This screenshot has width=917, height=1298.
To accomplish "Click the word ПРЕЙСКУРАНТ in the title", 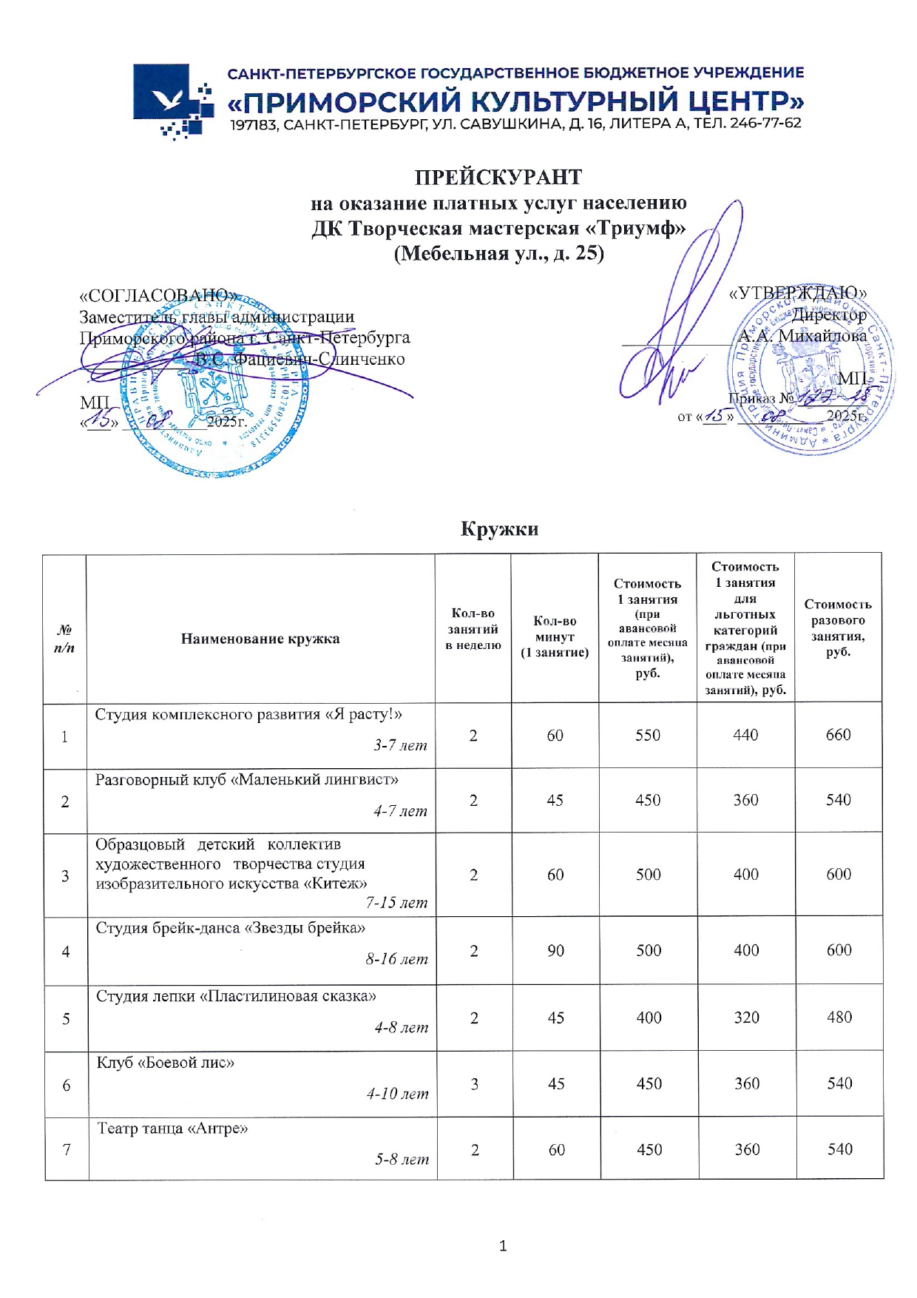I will pos(498,178).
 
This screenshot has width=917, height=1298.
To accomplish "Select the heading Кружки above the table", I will pos(499,529).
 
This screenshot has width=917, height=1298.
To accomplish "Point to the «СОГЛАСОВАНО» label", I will pos(158,295).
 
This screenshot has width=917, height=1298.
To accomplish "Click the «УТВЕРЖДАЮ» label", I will pos(797,293).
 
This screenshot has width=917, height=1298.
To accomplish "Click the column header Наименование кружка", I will pos(260,639).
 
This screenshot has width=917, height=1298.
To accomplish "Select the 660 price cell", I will pos(838,735).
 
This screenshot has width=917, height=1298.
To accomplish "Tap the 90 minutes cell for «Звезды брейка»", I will pos(555,950).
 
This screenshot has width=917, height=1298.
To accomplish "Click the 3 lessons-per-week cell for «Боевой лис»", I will pos(474,1084).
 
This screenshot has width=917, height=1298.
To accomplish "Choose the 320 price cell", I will pos(746,1018).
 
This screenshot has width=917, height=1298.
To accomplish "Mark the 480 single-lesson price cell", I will pos(839,1018).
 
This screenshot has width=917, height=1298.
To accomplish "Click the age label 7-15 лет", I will pos(397,903).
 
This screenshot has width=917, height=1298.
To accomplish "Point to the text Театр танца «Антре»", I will pos(172,1129).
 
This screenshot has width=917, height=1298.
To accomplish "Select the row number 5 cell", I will pos(66,1019).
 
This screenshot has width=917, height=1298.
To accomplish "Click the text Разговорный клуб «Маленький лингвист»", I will pos(247,779).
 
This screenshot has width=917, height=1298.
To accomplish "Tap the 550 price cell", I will pos(647,735).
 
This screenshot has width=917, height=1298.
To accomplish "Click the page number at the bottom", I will pos(503,1246).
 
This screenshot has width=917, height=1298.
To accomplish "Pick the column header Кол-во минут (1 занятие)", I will pos(555,636).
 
